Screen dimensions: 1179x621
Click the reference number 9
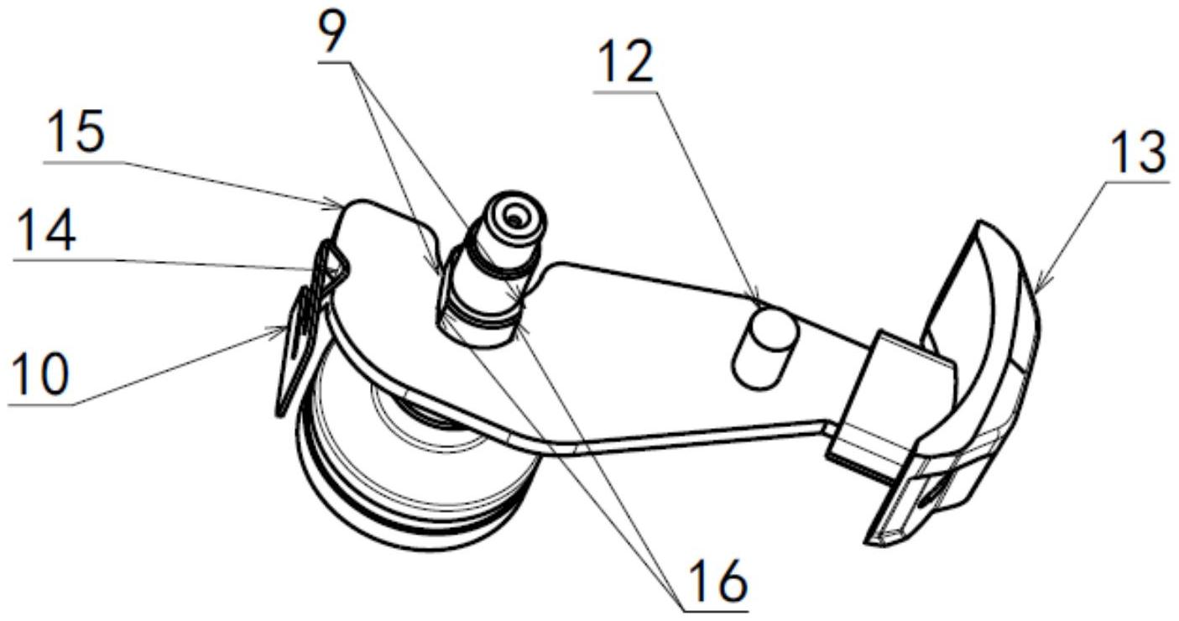point(332,32)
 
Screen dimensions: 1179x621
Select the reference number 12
point(625,62)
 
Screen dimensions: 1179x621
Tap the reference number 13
point(1138,154)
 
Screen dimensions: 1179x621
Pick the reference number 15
point(74,132)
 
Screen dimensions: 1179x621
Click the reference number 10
point(39,374)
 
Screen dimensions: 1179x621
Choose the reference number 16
point(717,581)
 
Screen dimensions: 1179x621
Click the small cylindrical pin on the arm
point(766,348)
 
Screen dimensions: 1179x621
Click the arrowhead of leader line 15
point(336,204)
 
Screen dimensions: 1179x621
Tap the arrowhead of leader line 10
point(279,331)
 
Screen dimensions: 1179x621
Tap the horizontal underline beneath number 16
point(716,611)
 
